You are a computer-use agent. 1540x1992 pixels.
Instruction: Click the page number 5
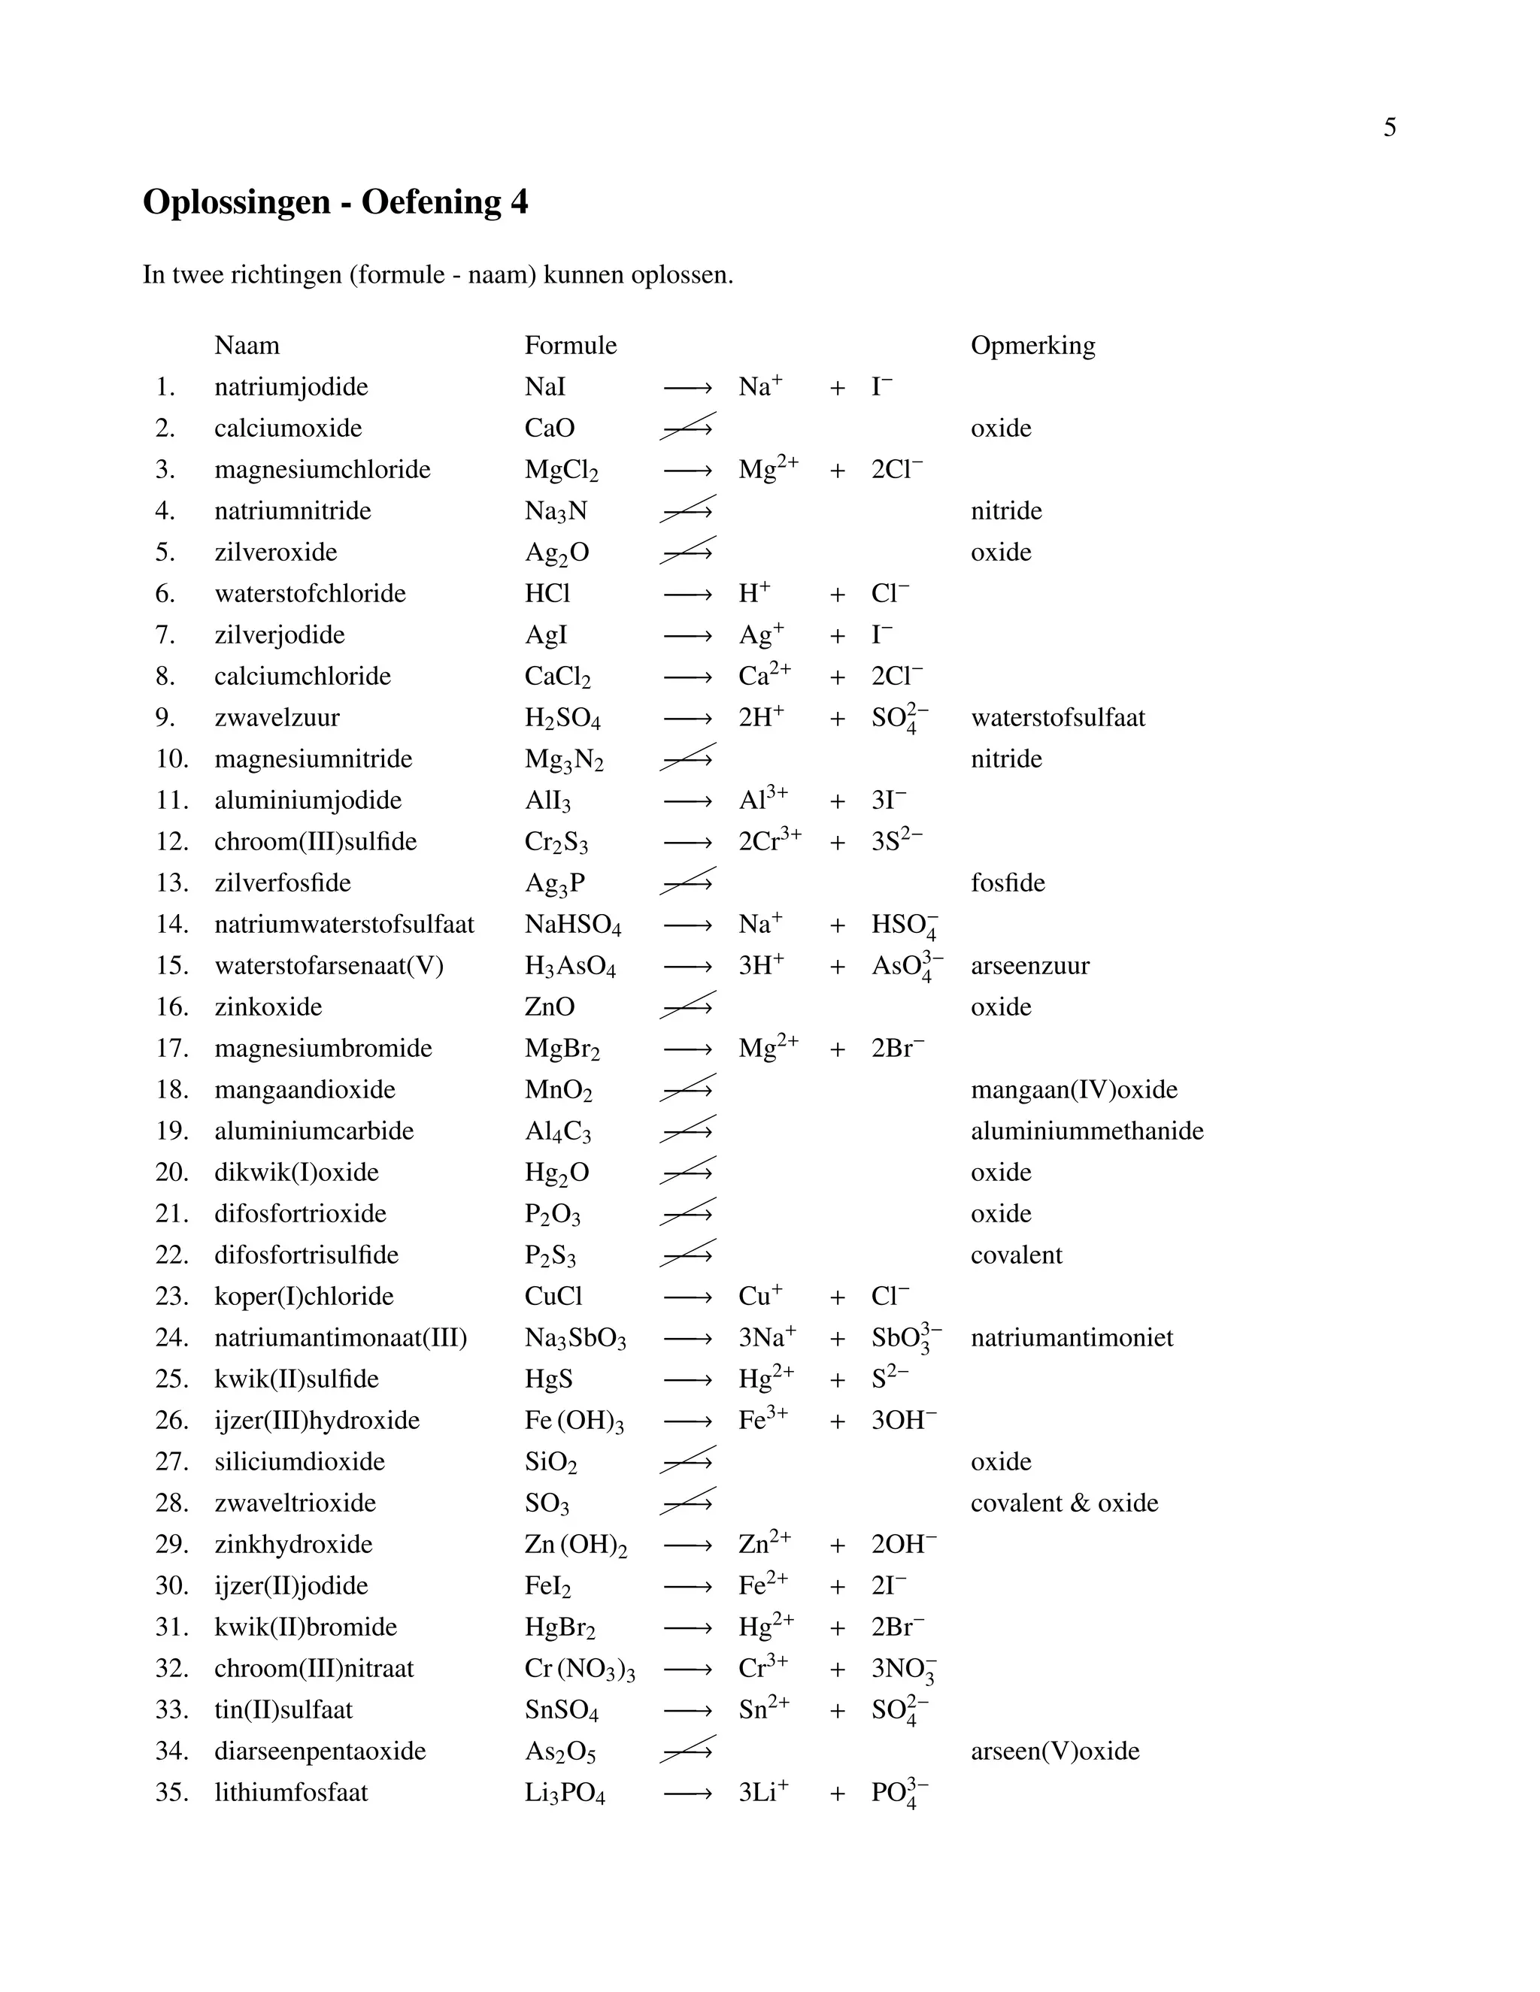coord(1389,128)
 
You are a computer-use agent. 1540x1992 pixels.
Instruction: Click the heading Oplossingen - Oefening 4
coord(335,201)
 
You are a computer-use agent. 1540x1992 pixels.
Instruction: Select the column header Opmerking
coord(1032,346)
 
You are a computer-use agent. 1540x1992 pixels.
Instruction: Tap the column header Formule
coord(570,346)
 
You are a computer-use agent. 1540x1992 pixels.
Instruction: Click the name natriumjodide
coord(291,386)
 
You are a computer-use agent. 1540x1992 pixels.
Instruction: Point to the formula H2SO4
coord(562,719)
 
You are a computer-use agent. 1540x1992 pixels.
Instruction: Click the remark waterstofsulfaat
coord(1057,718)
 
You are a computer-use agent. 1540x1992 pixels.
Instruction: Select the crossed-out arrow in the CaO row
coord(687,428)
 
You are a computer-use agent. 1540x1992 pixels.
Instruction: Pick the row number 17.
coord(171,1049)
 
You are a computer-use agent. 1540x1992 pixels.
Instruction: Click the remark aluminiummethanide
coord(1087,1131)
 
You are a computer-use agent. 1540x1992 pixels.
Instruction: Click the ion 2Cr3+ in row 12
coord(769,841)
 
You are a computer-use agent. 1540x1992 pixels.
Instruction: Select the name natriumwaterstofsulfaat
coord(344,925)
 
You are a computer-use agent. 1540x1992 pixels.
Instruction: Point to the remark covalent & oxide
coord(1064,1503)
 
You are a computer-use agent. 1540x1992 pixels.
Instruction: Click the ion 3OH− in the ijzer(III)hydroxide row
coord(903,1420)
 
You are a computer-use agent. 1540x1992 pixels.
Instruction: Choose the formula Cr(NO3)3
coord(579,1669)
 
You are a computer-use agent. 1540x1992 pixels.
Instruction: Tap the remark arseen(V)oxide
coord(1055,1751)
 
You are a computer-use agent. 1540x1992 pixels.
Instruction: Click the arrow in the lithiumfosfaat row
coord(687,1793)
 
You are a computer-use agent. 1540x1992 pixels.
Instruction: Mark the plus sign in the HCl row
coord(837,595)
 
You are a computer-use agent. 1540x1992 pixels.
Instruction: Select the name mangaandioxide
coord(305,1090)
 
